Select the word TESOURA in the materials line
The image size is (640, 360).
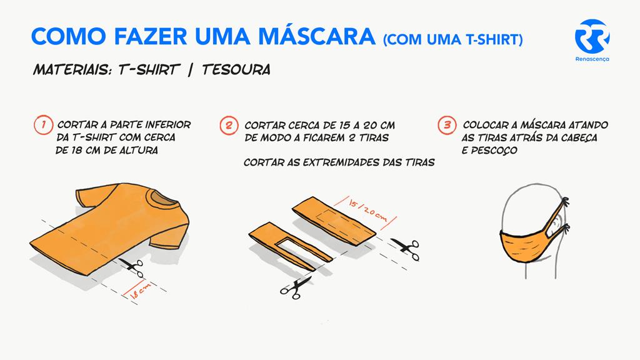point(236,69)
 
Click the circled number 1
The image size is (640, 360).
point(43,124)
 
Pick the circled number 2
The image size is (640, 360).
point(229,125)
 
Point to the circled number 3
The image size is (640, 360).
point(447,125)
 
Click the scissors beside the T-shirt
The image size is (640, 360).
point(132,266)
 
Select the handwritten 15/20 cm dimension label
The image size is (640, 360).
point(367,209)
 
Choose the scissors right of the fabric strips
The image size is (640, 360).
point(405,249)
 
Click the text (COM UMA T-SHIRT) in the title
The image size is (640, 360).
point(453,39)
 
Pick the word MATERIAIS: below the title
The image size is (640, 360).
point(72,69)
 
